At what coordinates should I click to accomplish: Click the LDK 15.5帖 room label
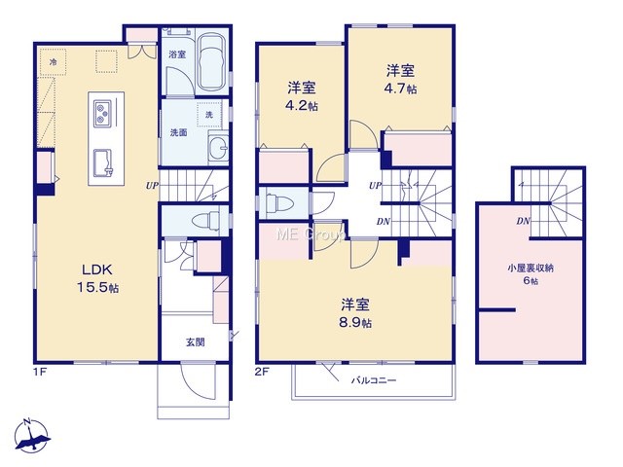click(x=97, y=278)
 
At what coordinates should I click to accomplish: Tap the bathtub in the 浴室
click(x=211, y=62)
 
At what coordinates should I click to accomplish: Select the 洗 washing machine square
click(x=209, y=114)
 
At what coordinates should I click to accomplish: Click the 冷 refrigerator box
click(x=53, y=62)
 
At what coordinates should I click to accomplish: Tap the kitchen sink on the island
click(x=103, y=162)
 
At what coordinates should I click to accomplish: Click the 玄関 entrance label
click(x=195, y=341)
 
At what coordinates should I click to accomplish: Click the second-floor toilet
click(x=279, y=202)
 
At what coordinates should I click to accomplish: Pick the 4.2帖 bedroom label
click(x=302, y=96)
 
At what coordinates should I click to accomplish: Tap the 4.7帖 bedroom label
click(x=400, y=79)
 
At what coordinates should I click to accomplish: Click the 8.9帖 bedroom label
click(x=355, y=313)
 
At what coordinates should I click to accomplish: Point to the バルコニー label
click(x=374, y=380)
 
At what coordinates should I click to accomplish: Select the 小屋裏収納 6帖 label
click(x=531, y=274)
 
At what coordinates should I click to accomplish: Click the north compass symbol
click(x=32, y=435)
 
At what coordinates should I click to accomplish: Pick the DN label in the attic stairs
click(x=524, y=221)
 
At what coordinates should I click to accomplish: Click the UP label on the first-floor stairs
click(x=152, y=185)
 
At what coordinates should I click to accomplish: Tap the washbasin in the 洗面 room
click(x=218, y=148)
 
